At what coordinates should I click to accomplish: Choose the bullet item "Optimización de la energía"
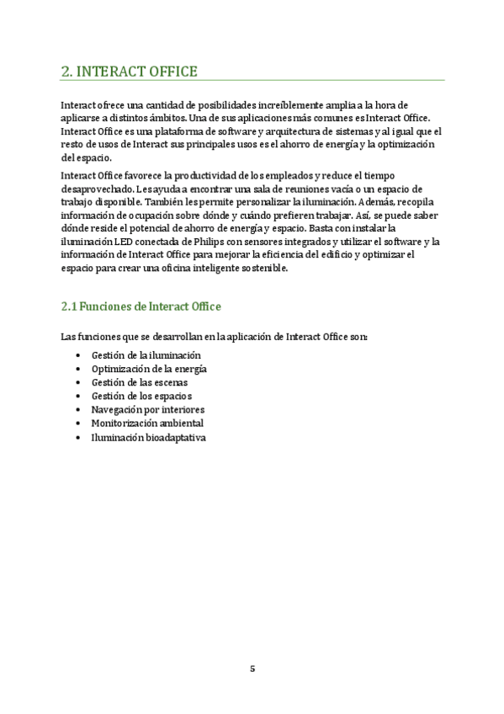[x=149, y=369]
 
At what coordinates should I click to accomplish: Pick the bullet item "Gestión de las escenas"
[x=140, y=382]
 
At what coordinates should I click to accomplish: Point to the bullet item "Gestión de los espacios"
[x=141, y=396]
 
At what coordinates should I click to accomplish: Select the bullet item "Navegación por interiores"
[x=147, y=409]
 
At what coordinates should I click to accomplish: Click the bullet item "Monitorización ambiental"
[x=147, y=423]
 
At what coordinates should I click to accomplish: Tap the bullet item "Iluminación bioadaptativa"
[x=148, y=437]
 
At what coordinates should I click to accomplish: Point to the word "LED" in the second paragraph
[x=125, y=242]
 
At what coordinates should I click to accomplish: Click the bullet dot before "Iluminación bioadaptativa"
[x=78, y=438]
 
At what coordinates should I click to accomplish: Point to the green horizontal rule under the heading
[x=252, y=82]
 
